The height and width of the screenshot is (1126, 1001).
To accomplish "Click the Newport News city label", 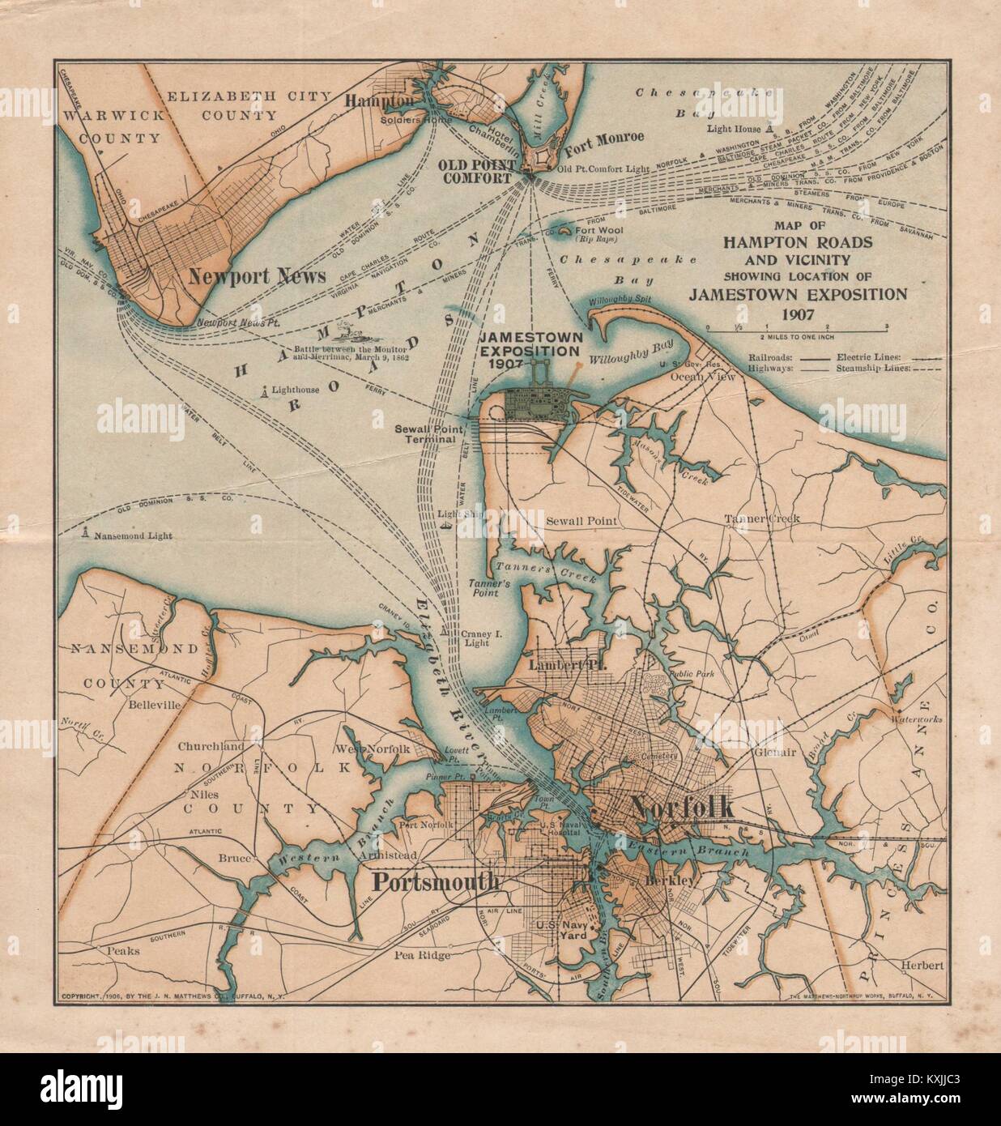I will (256, 275).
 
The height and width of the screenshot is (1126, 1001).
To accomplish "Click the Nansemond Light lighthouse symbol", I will (85, 535).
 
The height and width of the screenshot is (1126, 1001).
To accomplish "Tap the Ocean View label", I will (709, 377).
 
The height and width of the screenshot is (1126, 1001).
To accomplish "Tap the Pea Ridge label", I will (422, 955).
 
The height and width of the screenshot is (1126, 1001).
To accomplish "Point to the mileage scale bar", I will (798, 327).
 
